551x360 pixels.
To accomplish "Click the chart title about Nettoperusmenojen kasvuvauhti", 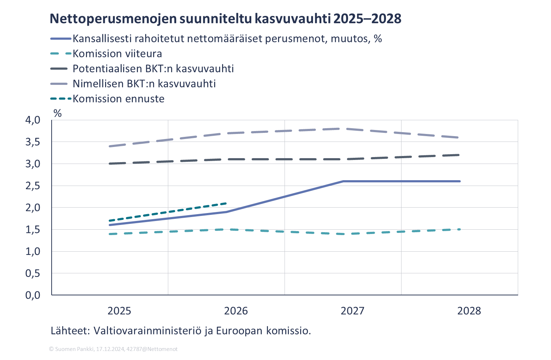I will [225, 19].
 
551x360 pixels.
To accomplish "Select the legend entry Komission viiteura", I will [117, 54].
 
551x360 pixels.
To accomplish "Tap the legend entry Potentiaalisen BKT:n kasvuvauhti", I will [153, 69].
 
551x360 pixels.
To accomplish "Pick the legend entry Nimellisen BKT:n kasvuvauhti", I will [144, 84].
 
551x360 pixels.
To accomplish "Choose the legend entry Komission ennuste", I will [118, 99].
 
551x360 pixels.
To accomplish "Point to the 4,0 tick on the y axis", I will [32, 120].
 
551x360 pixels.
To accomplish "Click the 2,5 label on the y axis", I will [32, 186].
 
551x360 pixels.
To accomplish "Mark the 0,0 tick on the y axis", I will [32, 295].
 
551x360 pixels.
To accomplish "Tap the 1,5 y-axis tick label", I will [32, 230].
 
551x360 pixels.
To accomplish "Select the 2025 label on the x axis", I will [119, 311].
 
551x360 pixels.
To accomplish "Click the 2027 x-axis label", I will [352, 311].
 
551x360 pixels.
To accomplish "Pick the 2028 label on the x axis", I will [469, 311].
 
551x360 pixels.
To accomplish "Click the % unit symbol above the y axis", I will [57, 113].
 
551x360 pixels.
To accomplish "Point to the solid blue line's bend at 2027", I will [342, 181].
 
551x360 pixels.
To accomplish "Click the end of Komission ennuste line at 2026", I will [226, 203].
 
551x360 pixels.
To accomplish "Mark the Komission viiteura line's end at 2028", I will [459, 229].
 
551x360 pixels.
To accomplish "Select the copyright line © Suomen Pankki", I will [113, 349].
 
